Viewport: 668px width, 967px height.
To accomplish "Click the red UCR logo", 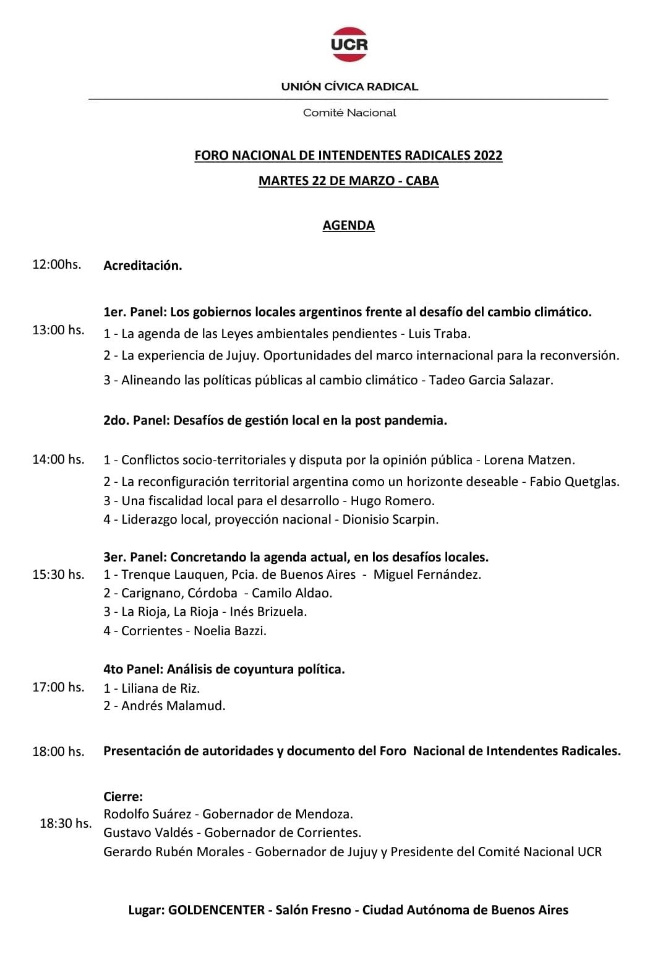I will tap(349, 44).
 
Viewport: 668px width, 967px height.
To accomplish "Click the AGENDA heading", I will tap(348, 225).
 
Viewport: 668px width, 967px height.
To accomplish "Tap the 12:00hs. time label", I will tap(57, 264).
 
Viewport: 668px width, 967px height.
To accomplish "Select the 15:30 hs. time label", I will tap(58, 575).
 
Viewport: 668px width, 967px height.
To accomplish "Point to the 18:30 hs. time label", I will tap(66, 823).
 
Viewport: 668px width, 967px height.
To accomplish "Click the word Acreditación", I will tap(142, 266).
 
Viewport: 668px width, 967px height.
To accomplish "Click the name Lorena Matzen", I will tap(529, 460).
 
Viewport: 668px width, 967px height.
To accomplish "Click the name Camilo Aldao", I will tap(291, 593).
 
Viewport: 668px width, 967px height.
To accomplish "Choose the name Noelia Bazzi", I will tap(229, 631).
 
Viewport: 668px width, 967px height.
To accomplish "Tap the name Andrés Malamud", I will tap(173, 706).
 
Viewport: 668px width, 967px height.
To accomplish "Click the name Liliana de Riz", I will tap(160, 688).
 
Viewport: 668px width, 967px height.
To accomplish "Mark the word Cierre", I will tap(122, 797).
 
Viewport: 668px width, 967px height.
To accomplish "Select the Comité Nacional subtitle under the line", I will tap(349, 113).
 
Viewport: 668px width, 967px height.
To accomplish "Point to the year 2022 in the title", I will tap(488, 155).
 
